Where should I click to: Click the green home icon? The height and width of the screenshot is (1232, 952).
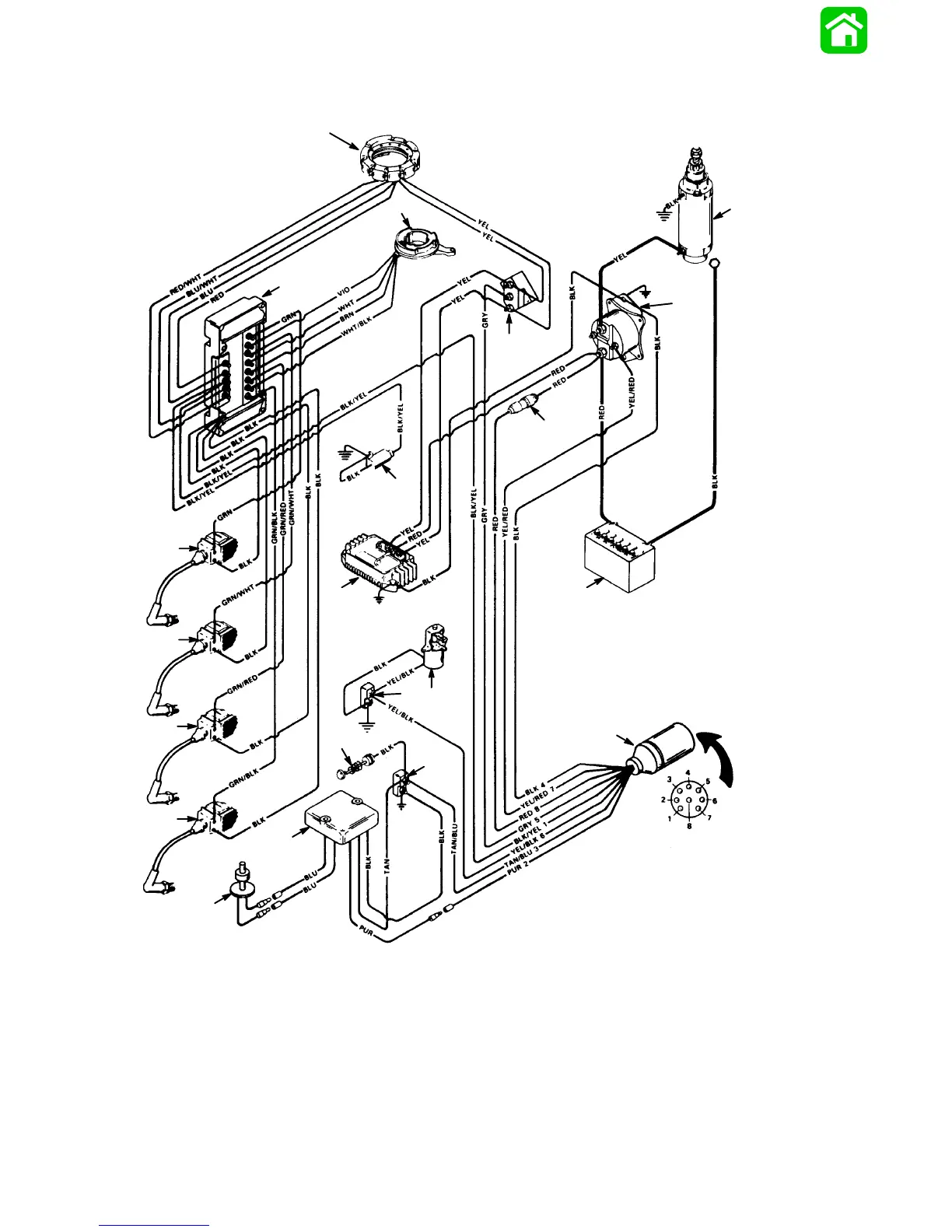click(x=844, y=30)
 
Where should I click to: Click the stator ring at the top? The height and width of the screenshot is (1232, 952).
click(x=390, y=159)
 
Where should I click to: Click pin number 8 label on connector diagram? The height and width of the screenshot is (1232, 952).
click(x=689, y=825)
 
